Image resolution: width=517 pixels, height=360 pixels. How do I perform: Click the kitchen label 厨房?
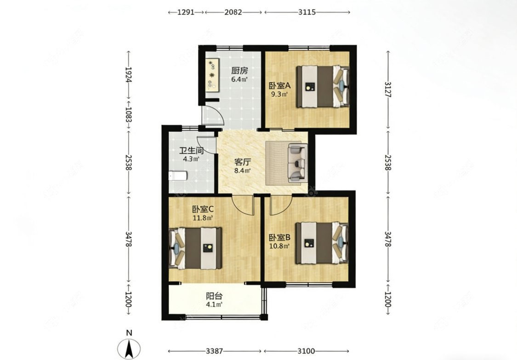[x=239, y=71]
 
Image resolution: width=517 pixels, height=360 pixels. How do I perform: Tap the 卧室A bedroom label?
[x=279, y=85]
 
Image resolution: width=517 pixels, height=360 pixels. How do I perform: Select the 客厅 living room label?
[x=242, y=162]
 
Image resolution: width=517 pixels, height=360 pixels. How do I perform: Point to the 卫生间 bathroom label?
[x=191, y=151]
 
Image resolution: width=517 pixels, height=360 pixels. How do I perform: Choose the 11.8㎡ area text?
[x=203, y=218]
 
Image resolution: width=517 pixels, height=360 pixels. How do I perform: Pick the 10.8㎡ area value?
[x=279, y=246]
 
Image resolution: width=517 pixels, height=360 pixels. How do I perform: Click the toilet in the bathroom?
[x=178, y=176]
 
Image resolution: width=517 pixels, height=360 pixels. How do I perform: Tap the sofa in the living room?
[x=298, y=163]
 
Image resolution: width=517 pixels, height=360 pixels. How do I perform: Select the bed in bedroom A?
[x=323, y=86]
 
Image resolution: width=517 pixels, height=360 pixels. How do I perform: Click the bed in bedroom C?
[x=195, y=247]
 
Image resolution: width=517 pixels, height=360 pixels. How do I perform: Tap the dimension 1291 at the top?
[x=186, y=12]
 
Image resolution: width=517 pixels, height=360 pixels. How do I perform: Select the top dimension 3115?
[x=307, y=12]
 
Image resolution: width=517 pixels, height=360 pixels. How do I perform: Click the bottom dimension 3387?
[x=214, y=351]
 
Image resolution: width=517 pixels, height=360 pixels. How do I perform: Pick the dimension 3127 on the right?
[x=388, y=90]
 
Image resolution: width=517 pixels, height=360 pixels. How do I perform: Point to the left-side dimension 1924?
[x=129, y=75]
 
